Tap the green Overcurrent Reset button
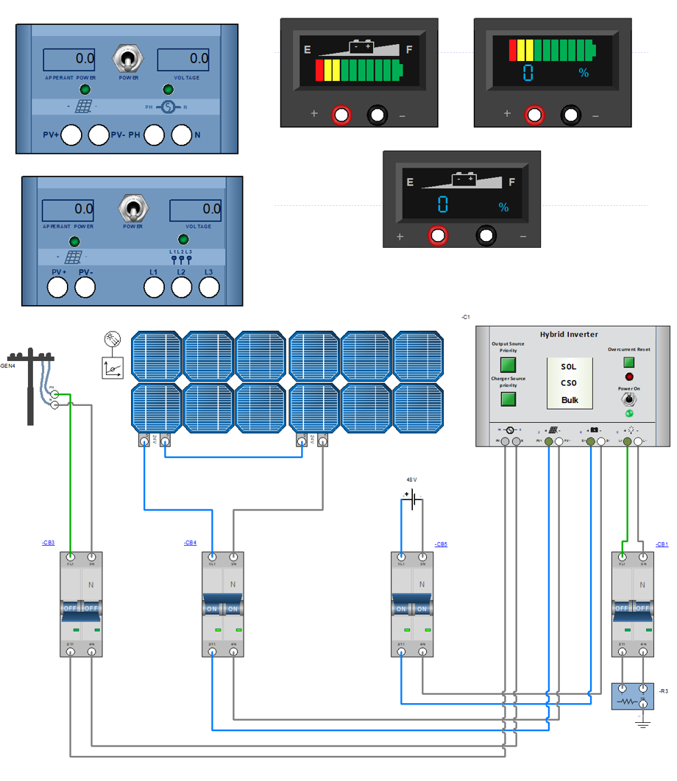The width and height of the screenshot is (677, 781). [x=628, y=362]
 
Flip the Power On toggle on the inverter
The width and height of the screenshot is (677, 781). [x=628, y=399]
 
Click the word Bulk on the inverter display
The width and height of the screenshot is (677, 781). [x=570, y=400]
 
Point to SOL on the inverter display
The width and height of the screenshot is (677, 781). [x=570, y=366]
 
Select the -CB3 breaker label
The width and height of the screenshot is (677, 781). [x=48, y=543]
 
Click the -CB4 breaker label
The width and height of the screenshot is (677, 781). [x=190, y=543]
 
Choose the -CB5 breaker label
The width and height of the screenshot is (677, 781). [x=441, y=544]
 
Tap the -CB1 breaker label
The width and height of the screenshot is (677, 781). [x=662, y=544]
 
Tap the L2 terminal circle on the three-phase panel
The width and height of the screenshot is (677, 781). [x=181, y=288]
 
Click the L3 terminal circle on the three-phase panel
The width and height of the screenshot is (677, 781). [x=209, y=288]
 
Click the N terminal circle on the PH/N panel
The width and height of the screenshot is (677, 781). [x=181, y=135]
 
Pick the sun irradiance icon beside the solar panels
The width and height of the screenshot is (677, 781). [x=113, y=340]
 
